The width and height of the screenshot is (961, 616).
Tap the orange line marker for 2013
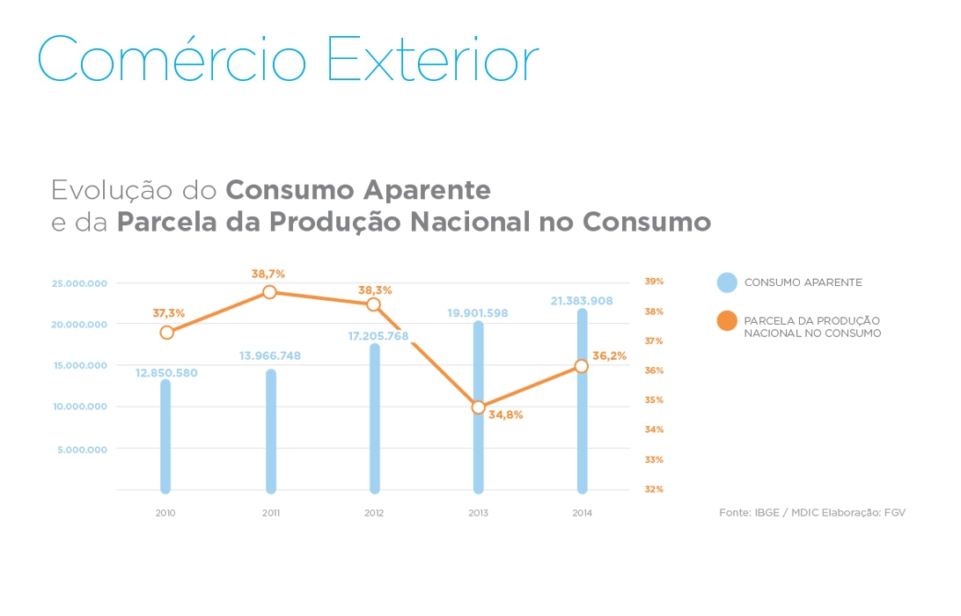478,407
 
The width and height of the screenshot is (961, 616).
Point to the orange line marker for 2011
270,292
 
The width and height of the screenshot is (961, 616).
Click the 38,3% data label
375,290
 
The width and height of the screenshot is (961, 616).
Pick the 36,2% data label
609,356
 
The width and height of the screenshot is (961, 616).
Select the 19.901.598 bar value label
478,312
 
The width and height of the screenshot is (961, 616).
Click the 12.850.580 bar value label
166,373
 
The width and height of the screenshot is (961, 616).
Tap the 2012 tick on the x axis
374,513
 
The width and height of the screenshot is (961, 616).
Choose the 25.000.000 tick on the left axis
79,283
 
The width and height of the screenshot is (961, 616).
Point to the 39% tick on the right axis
654,282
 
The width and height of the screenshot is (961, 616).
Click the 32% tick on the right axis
654,489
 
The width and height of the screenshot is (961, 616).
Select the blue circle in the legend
727,282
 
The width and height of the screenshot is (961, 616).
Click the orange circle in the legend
727,321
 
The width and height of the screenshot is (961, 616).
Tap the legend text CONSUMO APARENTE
803,282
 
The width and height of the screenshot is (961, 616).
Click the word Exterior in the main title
432,60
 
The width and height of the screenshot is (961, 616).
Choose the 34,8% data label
505,414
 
